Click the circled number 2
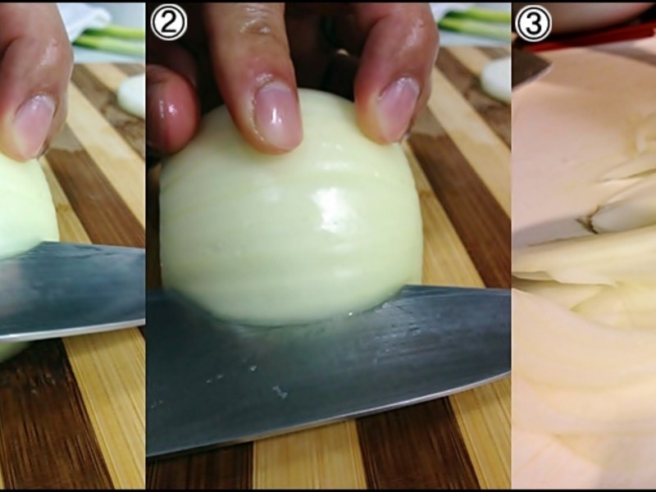169,23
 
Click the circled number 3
533,24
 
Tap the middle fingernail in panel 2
277,115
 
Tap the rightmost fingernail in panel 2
399,107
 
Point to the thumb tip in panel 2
171,109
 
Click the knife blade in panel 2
326,368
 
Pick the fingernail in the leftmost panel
34,125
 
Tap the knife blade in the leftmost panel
72,289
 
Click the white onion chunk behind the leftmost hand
131,95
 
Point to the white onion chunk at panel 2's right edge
496,80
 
